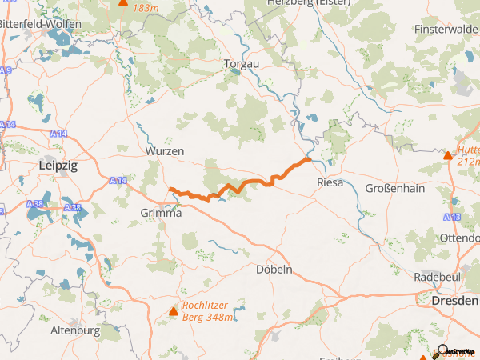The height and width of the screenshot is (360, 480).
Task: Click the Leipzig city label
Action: [58, 165]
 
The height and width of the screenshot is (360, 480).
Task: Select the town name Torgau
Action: [242, 63]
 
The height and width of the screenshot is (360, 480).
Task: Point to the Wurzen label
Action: [165, 150]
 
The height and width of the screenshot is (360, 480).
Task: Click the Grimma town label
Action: [160, 214]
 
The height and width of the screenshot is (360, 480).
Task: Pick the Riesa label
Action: [330, 182]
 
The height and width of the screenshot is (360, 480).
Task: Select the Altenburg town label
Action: [74, 330]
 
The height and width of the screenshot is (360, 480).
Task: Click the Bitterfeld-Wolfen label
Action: [40, 25]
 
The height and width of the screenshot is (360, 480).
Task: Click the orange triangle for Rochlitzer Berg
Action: [174, 310]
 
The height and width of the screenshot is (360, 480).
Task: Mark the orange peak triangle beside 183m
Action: [123, 2]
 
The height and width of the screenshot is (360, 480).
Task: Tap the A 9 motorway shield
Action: [6, 71]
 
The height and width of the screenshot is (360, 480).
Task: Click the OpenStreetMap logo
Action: [457, 351]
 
